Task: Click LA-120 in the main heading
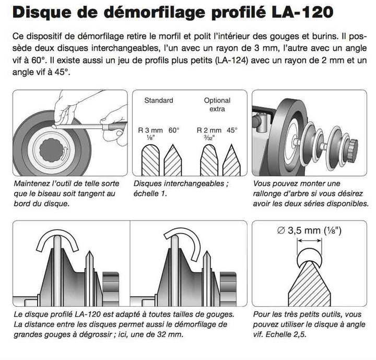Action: [302, 12]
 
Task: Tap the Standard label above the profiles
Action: [159, 100]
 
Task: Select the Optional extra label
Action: [217, 104]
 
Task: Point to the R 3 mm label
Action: [150, 130]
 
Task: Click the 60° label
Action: [174, 130]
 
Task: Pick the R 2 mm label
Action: [209, 130]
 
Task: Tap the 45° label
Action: [232, 130]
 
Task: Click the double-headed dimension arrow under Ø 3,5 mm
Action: [309, 241]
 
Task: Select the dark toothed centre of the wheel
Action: [51, 150]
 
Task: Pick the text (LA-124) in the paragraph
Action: [231, 60]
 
